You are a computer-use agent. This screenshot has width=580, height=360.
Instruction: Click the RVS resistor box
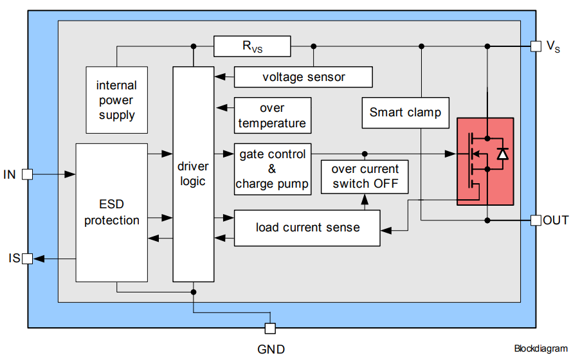coord(252,46)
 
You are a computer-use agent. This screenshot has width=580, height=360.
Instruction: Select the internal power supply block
coord(116,100)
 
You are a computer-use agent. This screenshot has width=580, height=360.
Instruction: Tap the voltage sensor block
coord(304,77)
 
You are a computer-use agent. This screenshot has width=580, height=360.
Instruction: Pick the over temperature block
coord(273,116)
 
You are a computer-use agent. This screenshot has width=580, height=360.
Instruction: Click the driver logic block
coord(192,174)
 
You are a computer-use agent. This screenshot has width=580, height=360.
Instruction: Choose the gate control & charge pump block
coord(273,169)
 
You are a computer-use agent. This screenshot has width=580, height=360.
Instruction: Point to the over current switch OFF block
coord(365,176)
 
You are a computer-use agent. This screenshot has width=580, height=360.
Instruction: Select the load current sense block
coord(307,228)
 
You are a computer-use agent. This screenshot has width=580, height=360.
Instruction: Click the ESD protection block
coord(112,212)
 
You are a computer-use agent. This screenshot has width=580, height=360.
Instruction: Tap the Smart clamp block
coord(405,113)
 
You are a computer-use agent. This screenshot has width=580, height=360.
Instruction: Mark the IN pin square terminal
coord(27,174)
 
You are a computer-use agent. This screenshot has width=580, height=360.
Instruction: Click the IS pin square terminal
coord(27,258)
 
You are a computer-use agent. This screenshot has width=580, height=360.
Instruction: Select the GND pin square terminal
coord(271,328)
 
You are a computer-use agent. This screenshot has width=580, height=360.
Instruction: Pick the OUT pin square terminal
coord(536,221)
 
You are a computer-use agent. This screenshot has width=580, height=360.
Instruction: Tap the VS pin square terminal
coord(536,46)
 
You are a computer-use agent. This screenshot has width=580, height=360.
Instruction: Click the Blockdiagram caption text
coord(541,349)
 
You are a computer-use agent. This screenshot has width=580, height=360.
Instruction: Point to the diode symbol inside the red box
coord(503,154)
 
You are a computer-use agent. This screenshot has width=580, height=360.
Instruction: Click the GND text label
coord(271,349)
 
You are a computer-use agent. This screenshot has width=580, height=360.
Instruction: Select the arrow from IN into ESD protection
coord(55,174)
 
